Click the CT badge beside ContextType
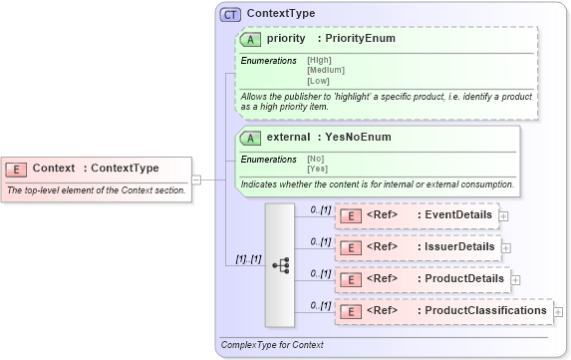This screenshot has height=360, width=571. pyautogui.click(x=230, y=14)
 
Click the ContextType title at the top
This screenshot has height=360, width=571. pyautogui.click(x=280, y=14)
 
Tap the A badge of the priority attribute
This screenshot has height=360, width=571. pyautogui.click(x=252, y=39)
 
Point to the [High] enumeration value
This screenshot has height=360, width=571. pyautogui.click(x=320, y=61)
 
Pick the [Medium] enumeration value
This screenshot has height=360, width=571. pyautogui.click(x=326, y=70)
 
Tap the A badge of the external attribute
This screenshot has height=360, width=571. pyautogui.click(x=252, y=137)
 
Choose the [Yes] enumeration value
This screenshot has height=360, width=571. pyautogui.click(x=317, y=168)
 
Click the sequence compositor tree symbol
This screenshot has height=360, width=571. pyautogui.click(x=280, y=264)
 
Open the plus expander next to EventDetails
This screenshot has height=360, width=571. pyautogui.click(x=503, y=215)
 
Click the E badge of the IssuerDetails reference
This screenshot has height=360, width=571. pyautogui.click(x=350, y=247)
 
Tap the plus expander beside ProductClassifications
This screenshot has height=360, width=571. pyautogui.click(x=558, y=312)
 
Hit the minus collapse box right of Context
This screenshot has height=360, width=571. pyautogui.click(x=196, y=180)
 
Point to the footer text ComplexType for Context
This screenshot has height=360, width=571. pyautogui.click(x=272, y=345)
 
